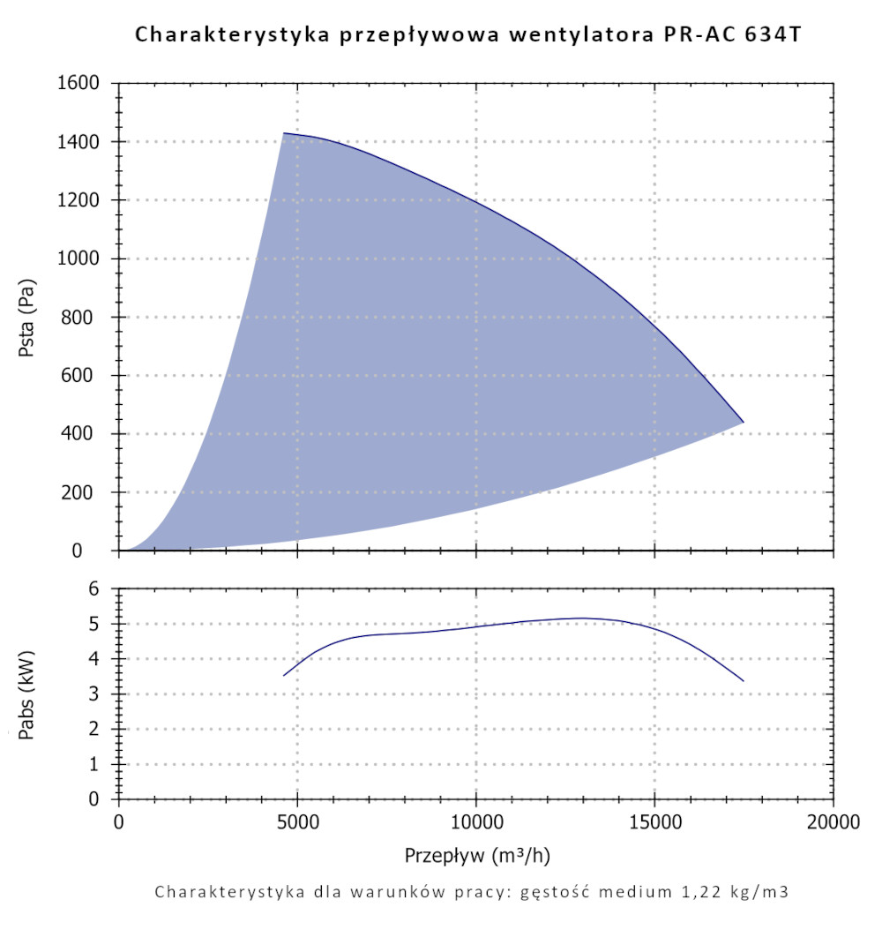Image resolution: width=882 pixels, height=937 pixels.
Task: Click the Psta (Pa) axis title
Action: pos(27,317)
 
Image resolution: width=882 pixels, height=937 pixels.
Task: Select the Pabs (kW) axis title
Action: pos(27,693)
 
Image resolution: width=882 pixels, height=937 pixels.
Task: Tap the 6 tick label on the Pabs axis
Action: pos(102,589)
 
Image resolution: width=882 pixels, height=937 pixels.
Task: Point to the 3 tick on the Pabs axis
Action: pos(102,694)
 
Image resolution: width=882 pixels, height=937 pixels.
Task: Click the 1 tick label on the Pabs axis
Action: pos(102,764)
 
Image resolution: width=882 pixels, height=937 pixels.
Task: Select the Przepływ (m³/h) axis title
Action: pos(477,856)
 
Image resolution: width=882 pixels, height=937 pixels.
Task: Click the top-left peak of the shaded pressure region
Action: pos(283,133)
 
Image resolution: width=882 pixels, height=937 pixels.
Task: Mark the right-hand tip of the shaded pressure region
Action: pos(744,423)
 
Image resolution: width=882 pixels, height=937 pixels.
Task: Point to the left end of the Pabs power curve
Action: pos(283,676)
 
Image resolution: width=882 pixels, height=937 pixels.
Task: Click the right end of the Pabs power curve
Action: pos(744,681)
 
